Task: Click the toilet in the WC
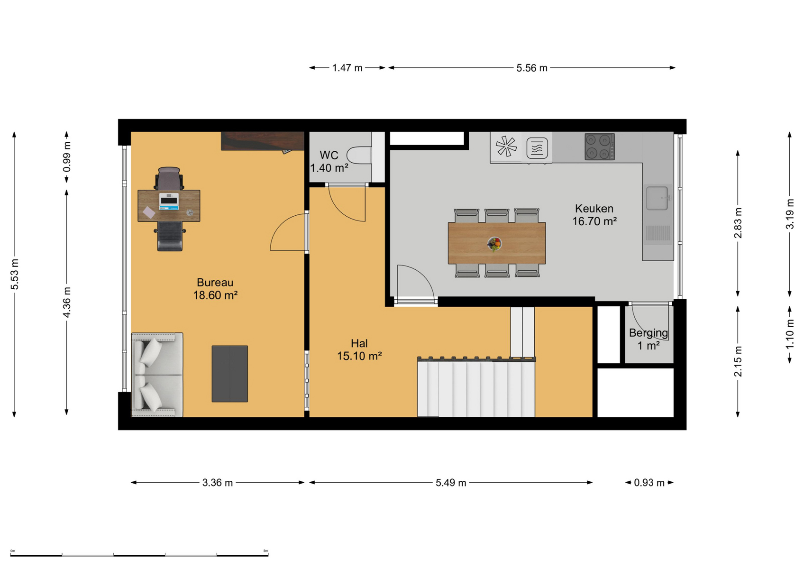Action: click(359, 156)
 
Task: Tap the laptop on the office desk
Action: click(169, 201)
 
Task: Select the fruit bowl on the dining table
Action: click(494, 244)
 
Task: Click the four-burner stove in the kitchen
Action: click(599, 147)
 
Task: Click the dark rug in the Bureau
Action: click(230, 374)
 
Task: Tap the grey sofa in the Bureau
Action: click(157, 375)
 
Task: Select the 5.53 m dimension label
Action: click(14, 274)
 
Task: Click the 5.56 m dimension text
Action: click(531, 68)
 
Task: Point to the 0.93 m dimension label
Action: click(649, 483)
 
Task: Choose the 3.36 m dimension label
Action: click(218, 483)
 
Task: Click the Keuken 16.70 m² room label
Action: click(594, 215)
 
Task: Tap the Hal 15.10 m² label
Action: click(359, 349)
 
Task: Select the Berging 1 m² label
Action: click(649, 339)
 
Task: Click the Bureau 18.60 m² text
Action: click(215, 289)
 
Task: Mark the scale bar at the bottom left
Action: click(139, 555)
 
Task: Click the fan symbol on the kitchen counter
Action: click(506, 147)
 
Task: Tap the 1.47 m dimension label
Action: click(347, 68)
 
